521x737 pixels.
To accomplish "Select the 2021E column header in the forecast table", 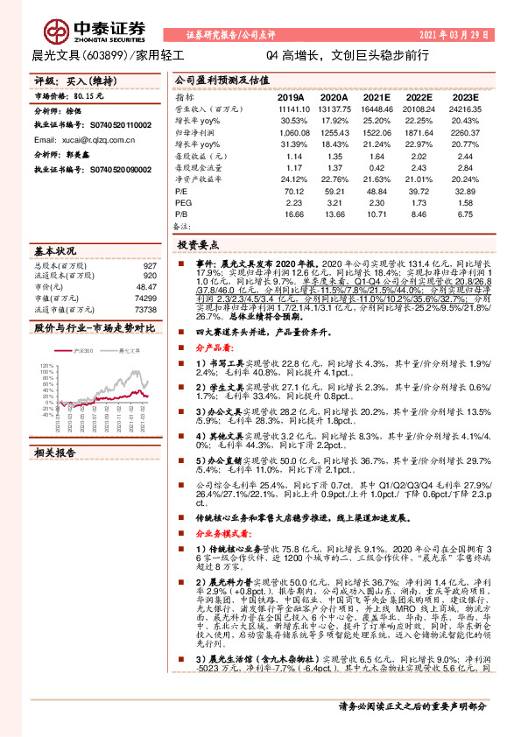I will click(x=377, y=98).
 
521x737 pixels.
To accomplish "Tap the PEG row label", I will click(x=183, y=200).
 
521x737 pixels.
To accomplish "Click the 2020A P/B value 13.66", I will click(x=334, y=212).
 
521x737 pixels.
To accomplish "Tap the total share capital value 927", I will click(x=150, y=265).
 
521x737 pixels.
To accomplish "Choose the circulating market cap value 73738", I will click(x=146, y=309).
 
